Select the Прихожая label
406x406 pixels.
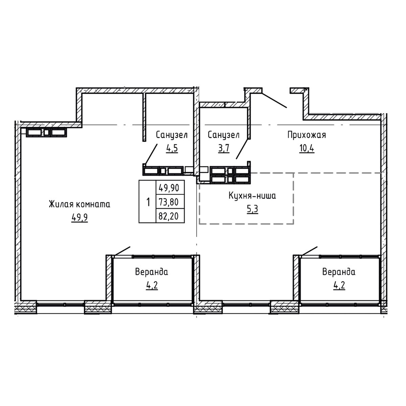[x=306, y=135]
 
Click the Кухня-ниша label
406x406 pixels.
[x=252, y=196]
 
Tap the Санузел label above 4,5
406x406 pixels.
[x=172, y=135]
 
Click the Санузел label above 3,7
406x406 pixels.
[x=224, y=135]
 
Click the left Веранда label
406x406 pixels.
[x=152, y=272]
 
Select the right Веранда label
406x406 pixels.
[x=339, y=272]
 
